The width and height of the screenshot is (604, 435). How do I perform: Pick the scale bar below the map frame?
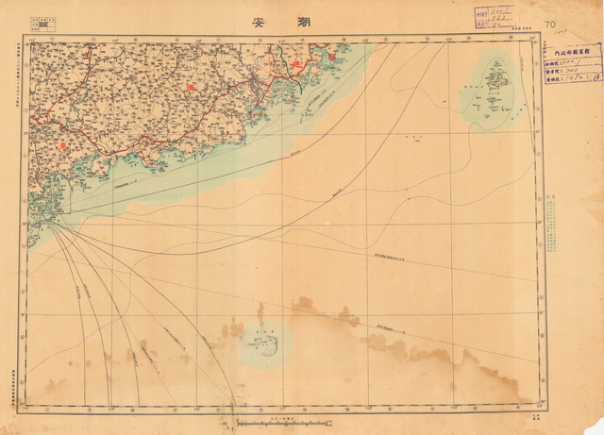point(275,422)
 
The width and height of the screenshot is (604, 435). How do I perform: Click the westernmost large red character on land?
point(63,145)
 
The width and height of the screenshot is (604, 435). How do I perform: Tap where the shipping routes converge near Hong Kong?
point(51,224)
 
